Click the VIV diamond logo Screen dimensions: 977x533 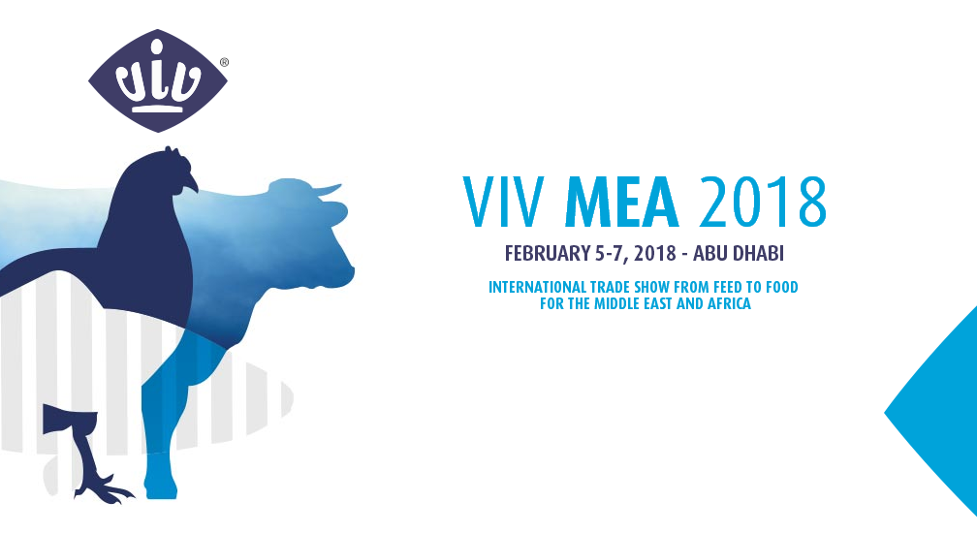(x=158, y=80)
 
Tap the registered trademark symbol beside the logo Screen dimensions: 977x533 (x=224, y=62)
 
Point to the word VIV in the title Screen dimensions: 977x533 (x=504, y=203)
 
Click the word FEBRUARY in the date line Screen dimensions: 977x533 (x=547, y=254)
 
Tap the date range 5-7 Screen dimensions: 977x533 (x=608, y=254)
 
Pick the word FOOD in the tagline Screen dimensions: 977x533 (x=781, y=287)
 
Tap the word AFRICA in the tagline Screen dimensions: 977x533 (x=729, y=304)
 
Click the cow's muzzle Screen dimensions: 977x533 (x=346, y=274)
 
